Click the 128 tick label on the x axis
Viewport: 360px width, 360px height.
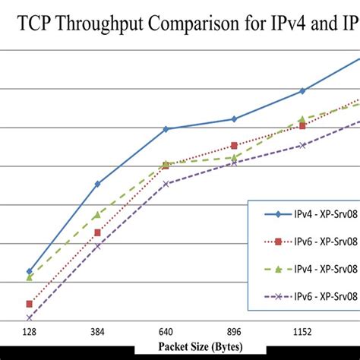coord(30,333)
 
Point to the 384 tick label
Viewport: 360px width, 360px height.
coord(97,333)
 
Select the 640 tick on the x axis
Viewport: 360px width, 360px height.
coord(166,333)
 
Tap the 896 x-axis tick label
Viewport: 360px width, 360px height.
coord(234,333)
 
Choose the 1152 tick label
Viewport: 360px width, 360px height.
coord(302,333)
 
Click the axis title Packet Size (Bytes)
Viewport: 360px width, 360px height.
coord(201,346)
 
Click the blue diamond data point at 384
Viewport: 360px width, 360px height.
coord(97,184)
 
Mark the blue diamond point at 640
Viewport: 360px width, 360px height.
coord(166,129)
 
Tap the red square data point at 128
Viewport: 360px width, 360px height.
coord(30,304)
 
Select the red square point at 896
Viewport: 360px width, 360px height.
coord(234,145)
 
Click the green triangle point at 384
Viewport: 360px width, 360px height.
coord(97,215)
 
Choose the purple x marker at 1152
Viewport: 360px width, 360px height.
coord(302,145)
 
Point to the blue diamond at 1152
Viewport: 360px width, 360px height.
coord(302,90)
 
